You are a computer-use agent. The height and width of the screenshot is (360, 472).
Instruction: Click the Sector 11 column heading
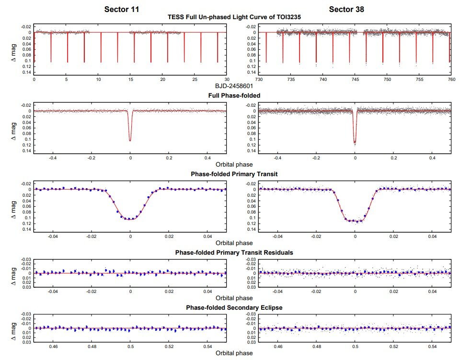click(122, 9)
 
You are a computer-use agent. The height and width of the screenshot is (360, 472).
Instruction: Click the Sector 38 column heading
click(347, 9)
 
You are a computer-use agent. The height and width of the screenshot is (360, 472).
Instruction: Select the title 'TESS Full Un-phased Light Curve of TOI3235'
click(234, 17)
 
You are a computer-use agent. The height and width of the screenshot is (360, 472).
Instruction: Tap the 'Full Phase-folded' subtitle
click(234, 96)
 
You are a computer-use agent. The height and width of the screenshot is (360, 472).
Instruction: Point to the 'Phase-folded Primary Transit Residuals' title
click(234, 253)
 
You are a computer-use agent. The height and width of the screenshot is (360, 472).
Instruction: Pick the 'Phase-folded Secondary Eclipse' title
click(234, 307)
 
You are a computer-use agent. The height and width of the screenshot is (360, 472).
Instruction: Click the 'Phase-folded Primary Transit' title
click(234, 174)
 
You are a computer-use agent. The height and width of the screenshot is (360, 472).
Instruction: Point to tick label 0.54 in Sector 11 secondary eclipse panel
click(207, 346)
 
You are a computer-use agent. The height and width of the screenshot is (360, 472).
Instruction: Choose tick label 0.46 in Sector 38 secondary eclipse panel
click(277, 346)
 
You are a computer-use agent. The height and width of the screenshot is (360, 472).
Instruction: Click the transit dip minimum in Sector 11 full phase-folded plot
click(130, 140)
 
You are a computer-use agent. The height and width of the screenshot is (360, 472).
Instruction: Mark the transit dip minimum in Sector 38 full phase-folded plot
click(355, 142)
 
